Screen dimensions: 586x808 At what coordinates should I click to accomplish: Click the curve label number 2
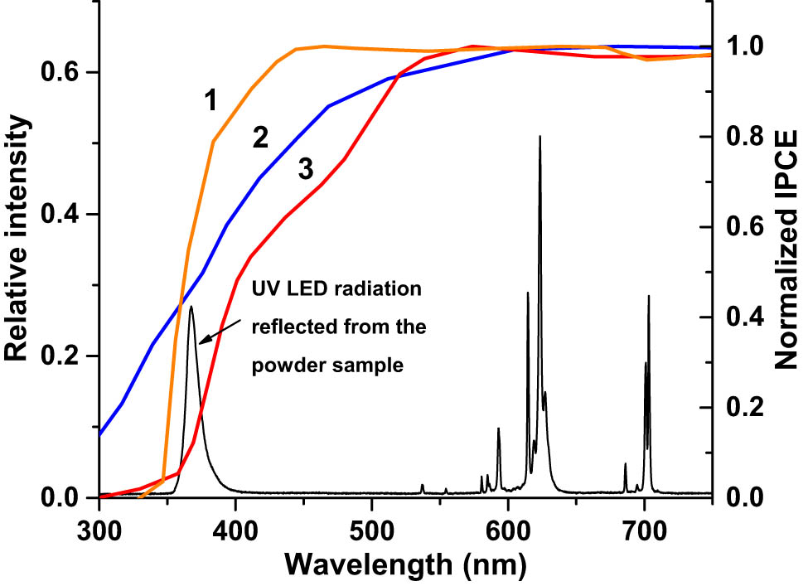[x=260, y=138]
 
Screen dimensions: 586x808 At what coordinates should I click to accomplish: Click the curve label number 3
[x=305, y=170]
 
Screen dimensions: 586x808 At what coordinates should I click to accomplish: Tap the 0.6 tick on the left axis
[x=66, y=72]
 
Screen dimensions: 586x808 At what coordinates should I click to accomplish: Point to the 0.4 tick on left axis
[x=66, y=214]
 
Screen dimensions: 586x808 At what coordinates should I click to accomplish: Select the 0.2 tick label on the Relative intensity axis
[x=66, y=356]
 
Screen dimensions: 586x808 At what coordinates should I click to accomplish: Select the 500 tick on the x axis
[x=372, y=527]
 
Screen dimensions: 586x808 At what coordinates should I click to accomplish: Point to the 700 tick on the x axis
[x=645, y=527]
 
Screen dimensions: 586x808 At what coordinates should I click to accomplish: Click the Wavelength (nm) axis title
[x=405, y=565]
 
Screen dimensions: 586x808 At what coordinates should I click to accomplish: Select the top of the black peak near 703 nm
[x=648, y=296]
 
